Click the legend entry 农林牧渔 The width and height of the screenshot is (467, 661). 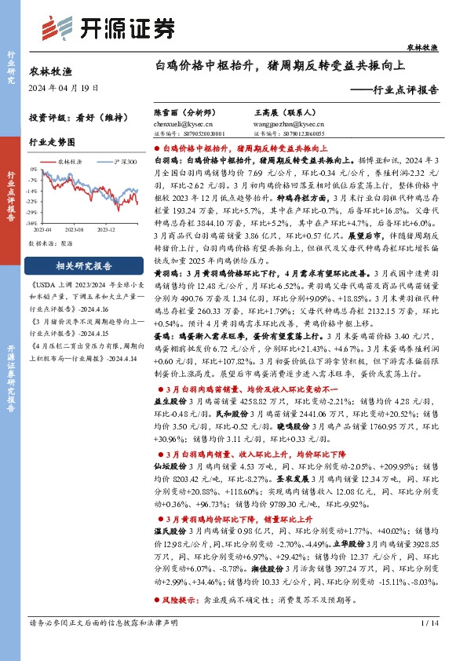[x=70, y=160]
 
